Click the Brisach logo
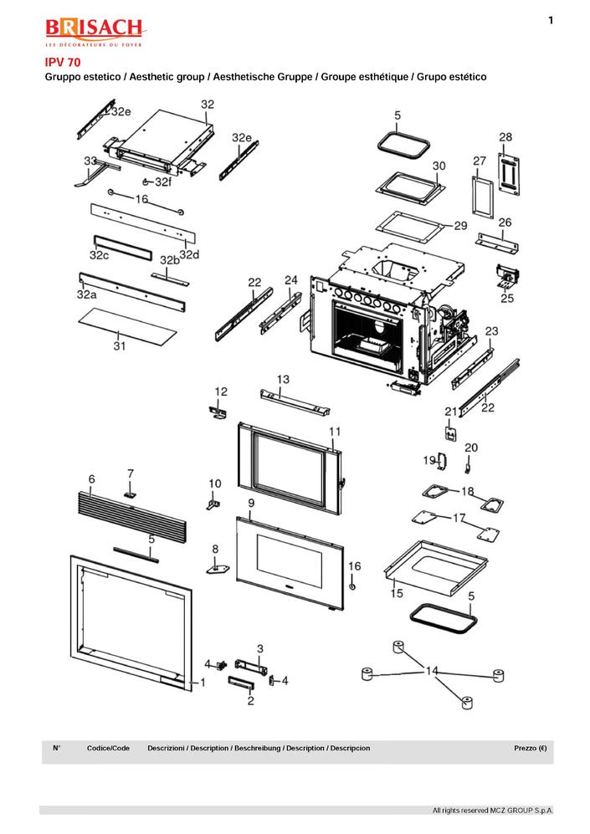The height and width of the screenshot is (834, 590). click(94, 33)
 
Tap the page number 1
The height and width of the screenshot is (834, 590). click(551, 20)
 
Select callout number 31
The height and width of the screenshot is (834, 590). click(120, 345)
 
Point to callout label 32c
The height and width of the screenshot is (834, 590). click(100, 253)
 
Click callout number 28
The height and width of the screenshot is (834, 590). click(505, 136)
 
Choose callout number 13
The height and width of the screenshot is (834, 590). click(283, 380)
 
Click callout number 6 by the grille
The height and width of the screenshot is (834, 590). click(91, 478)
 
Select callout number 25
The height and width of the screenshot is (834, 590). click(507, 297)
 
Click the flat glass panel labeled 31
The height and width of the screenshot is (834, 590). click(130, 322)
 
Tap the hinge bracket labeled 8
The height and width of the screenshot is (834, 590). click(218, 568)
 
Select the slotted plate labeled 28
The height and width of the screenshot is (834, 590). click(508, 173)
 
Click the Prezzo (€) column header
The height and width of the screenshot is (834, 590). click(531, 748)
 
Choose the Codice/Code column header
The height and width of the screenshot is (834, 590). click(108, 748)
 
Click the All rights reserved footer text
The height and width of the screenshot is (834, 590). click(492, 811)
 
